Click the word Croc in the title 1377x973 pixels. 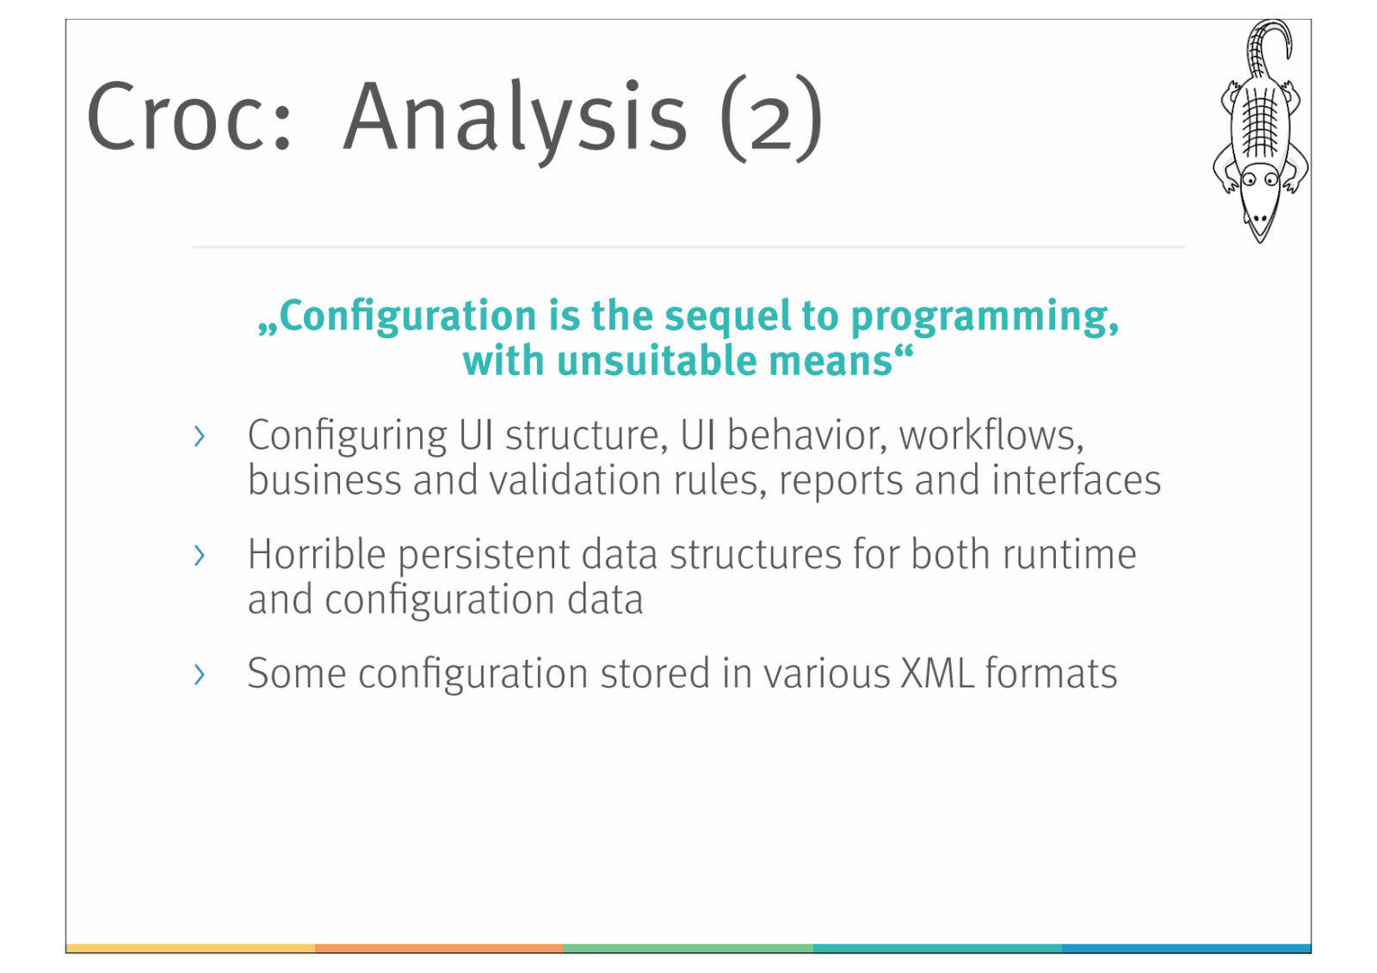click(x=188, y=115)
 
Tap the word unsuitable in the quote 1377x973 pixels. click(x=658, y=360)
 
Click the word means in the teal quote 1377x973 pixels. click(x=831, y=362)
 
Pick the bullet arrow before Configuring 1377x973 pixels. click(x=199, y=436)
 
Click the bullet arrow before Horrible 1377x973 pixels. click(x=199, y=556)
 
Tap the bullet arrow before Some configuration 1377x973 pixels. click(x=199, y=674)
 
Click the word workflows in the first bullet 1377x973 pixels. click(x=991, y=435)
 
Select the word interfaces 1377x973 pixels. click(x=1077, y=480)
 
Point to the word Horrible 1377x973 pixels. click(x=317, y=554)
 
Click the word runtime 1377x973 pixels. click(x=1069, y=556)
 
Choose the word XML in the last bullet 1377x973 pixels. click(x=937, y=674)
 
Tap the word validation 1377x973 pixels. click(x=576, y=480)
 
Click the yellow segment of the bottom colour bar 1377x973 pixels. click(x=190, y=948)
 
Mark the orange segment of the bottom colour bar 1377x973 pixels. click(x=440, y=948)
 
